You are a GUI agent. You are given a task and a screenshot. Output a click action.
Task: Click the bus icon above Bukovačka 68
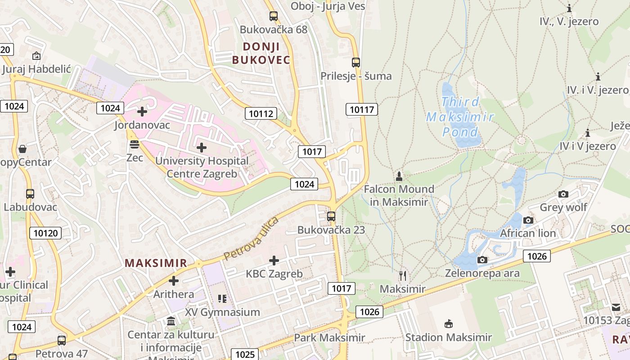[273, 16]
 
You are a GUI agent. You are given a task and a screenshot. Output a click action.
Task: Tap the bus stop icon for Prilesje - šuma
[355, 63]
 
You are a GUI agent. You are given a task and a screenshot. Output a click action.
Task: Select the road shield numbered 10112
[261, 113]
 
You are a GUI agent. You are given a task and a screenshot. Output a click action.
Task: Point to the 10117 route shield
[362, 109]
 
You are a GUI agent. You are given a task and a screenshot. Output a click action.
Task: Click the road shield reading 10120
[45, 233]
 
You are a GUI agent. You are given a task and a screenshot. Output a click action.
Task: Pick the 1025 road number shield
[245, 354]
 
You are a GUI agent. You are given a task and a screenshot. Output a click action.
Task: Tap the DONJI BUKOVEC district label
[261, 53]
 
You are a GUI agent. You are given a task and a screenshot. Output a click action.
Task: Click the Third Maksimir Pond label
[460, 117]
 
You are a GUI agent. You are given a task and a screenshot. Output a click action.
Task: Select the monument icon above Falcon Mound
[399, 175]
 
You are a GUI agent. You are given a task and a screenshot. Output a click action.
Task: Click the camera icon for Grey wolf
[563, 194]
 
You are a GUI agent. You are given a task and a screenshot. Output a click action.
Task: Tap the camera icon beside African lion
[528, 220]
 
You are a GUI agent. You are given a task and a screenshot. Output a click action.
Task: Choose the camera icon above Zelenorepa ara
[482, 260]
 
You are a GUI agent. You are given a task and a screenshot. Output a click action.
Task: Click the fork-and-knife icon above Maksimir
[403, 275]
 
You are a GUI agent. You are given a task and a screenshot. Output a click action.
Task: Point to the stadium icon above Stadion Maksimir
[448, 324]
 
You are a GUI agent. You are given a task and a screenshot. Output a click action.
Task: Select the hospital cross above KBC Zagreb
[274, 261]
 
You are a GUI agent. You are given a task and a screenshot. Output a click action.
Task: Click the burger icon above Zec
[135, 144]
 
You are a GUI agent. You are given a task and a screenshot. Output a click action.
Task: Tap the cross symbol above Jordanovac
[142, 112]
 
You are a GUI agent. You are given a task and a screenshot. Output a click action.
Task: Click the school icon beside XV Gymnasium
[221, 298]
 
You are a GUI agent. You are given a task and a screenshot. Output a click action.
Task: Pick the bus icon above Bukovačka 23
[331, 216]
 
